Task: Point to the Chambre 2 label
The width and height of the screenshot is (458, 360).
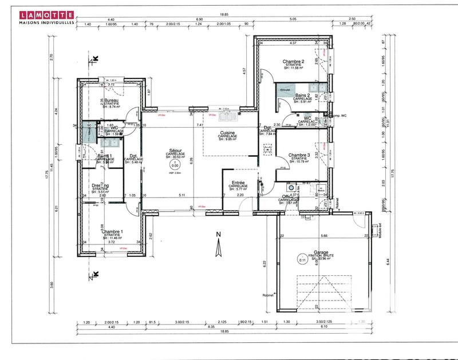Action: click(x=293, y=62)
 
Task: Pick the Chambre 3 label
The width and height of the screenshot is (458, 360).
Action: click(x=299, y=155)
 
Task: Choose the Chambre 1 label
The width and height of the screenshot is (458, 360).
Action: click(x=112, y=231)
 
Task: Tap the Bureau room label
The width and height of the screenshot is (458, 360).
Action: click(x=112, y=100)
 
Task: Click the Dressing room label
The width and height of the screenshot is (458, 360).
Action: click(x=101, y=185)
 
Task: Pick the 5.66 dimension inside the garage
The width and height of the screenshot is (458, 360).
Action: click(x=324, y=236)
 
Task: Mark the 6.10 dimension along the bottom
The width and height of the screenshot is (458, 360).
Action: click(x=323, y=327)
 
